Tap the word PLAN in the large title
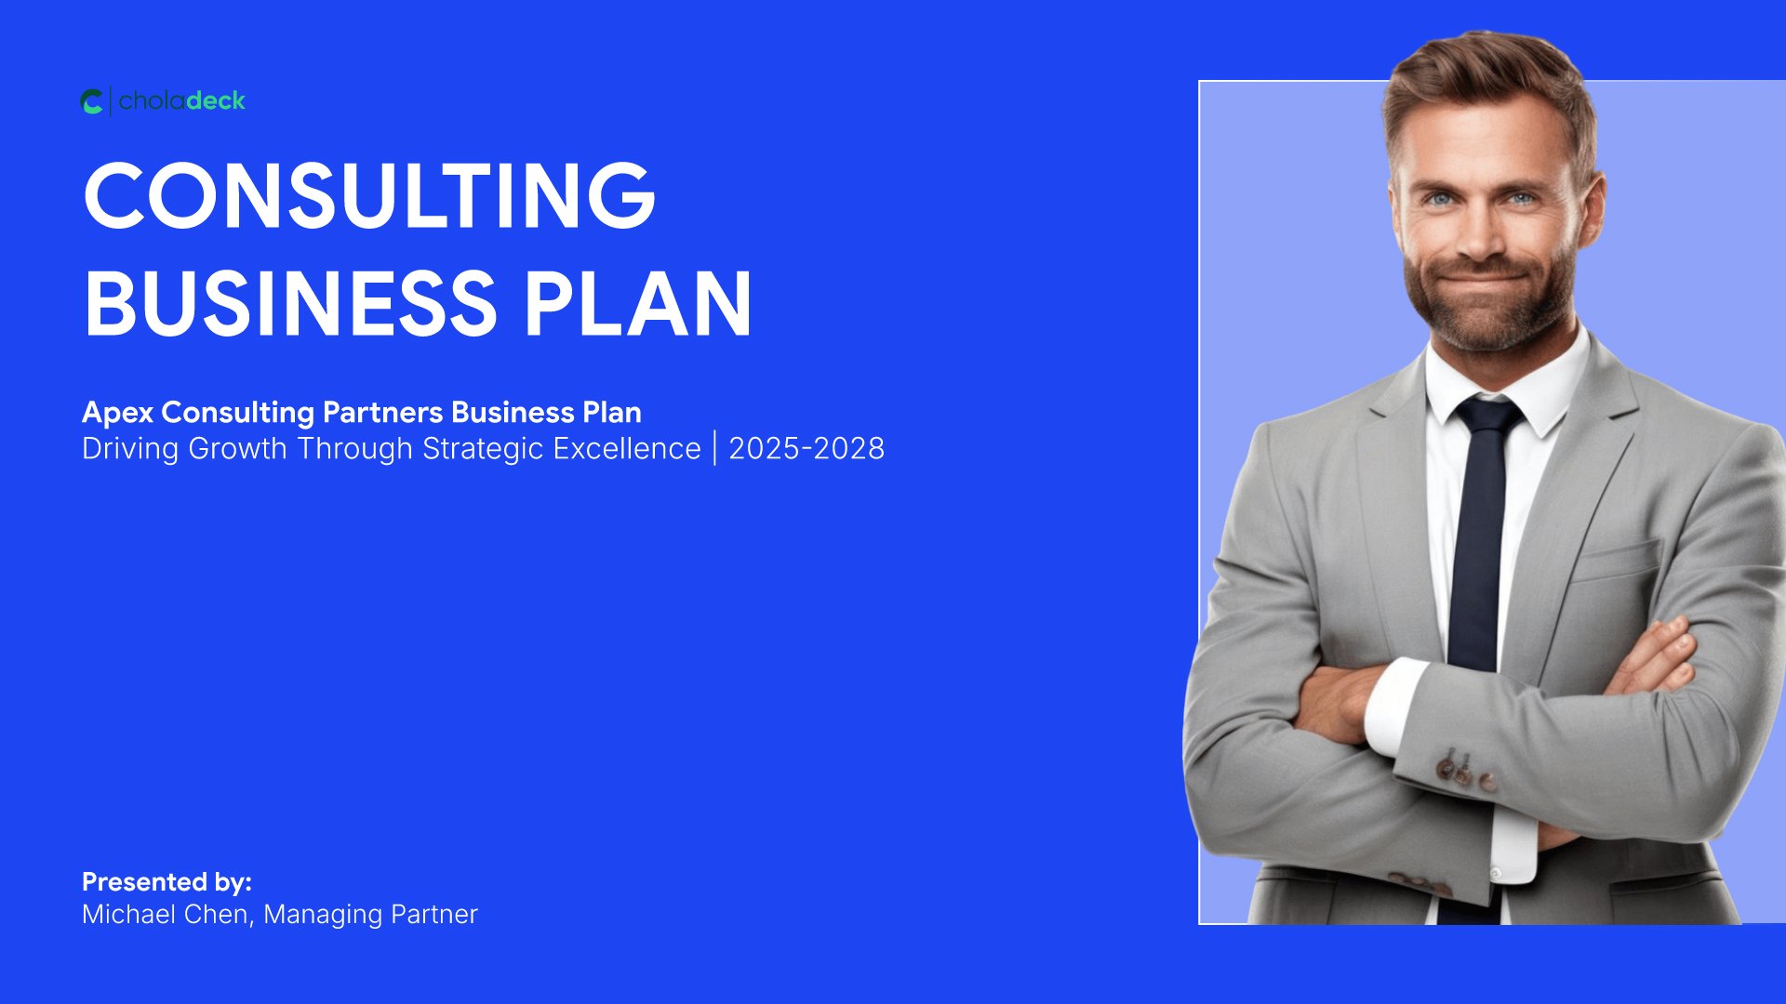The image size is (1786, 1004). click(x=637, y=304)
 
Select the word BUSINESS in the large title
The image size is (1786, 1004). click(x=290, y=304)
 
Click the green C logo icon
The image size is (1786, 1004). click(x=92, y=101)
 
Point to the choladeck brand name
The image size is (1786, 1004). click(x=182, y=100)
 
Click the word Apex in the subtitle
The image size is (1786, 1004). click(x=117, y=413)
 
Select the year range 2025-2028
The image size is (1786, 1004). click(x=806, y=449)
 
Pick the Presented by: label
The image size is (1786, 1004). click(x=167, y=882)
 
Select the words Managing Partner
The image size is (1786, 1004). click(x=370, y=915)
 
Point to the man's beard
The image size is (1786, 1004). click(x=1489, y=297)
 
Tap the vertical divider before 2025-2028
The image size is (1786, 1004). click(x=715, y=448)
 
